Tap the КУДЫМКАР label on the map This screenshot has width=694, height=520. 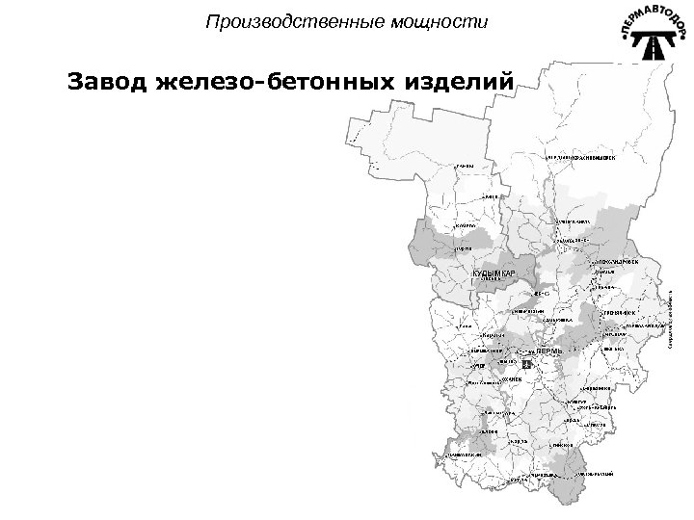494,274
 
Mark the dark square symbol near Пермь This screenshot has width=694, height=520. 526,365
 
